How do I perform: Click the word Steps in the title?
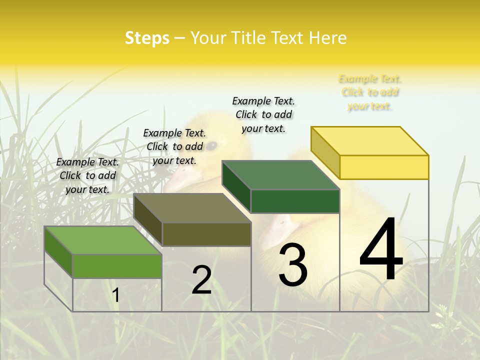click(x=147, y=38)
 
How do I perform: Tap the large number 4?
click(x=381, y=250)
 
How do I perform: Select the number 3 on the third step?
click(x=293, y=265)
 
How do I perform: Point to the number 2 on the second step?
click(x=201, y=280)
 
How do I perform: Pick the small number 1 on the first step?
click(x=116, y=295)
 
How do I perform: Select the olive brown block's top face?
click(x=192, y=208)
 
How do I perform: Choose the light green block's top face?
click(x=103, y=240)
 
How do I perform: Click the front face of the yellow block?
click(x=384, y=167)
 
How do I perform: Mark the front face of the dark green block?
click(x=295, y=201)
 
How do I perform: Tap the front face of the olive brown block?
click(x=206, y=234)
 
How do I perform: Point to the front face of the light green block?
click(x=117, y=266)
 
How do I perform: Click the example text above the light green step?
click(x=87, y=175)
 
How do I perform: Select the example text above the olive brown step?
click(x=174, y=146)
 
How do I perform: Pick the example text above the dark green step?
click(x=263, y=114)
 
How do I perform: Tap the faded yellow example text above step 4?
click(x=370, y=92)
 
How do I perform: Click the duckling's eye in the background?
click(x=212, y=145)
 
